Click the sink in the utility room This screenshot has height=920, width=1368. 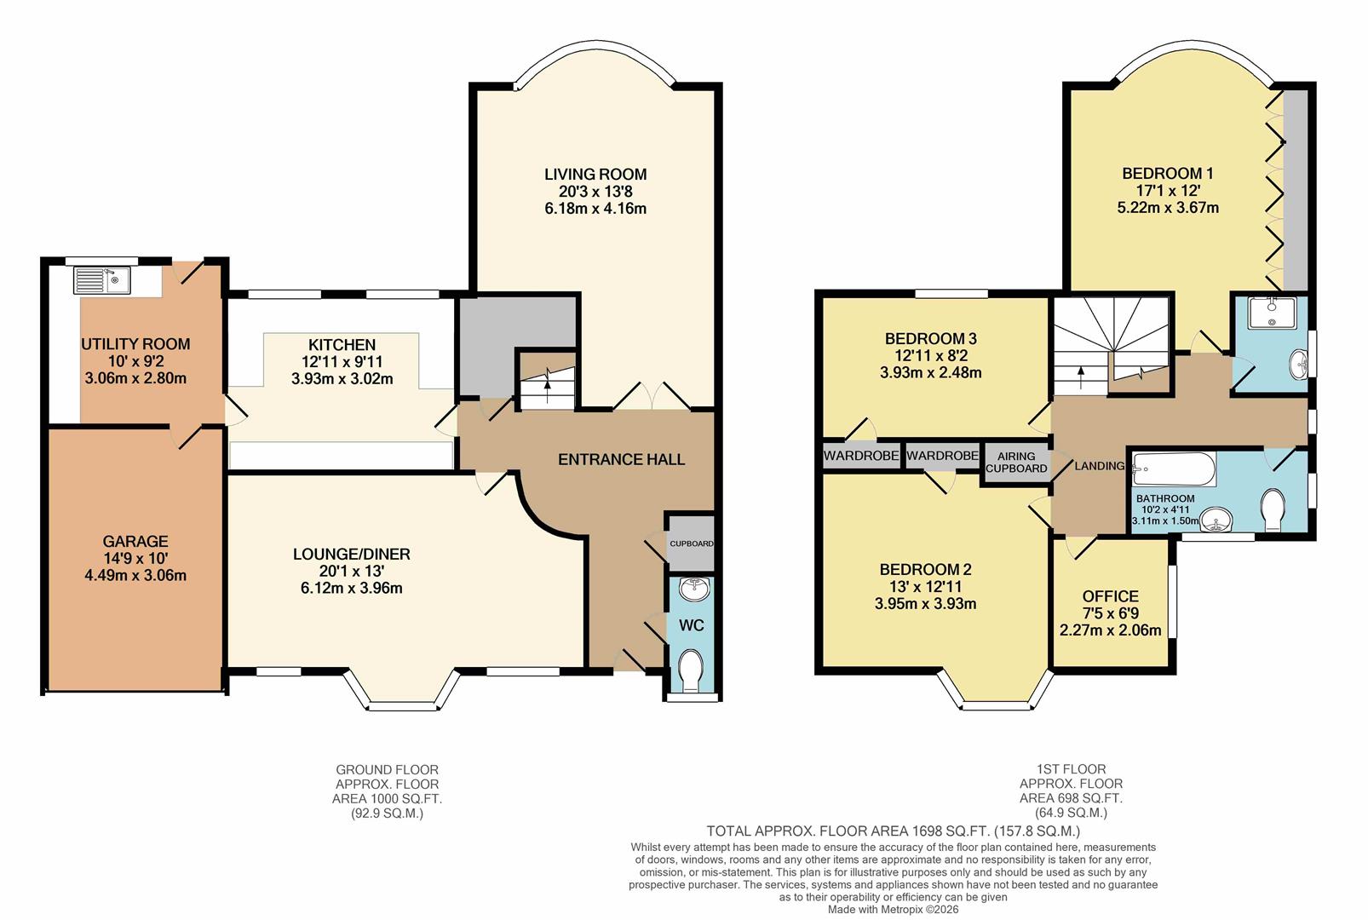tap(101, 280)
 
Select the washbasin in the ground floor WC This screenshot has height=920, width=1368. tap(692, 588)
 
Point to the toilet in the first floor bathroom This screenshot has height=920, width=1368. tap(1274, 509)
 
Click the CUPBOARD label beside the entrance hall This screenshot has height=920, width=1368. tap(691, 543)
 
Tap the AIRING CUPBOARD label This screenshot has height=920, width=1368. tap(1016, 463)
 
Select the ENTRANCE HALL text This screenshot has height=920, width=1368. tap(621, 460)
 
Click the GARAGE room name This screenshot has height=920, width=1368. tap(135, 541)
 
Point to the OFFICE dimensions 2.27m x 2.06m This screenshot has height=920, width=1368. tap(1110, 631)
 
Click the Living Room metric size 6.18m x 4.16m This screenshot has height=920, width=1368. tap(595, 209)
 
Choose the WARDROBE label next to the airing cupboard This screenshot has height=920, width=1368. tap(942, 457)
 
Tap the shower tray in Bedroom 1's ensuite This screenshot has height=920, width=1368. tap(1271, 313)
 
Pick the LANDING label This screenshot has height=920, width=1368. tap(1100, 466)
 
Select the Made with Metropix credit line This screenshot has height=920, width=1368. tap(893, 909)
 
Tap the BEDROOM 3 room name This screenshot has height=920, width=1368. tap(930, 339)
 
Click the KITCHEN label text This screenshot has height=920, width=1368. tap(342, 345)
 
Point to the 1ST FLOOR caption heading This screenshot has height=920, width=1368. tap(1071, 769)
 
